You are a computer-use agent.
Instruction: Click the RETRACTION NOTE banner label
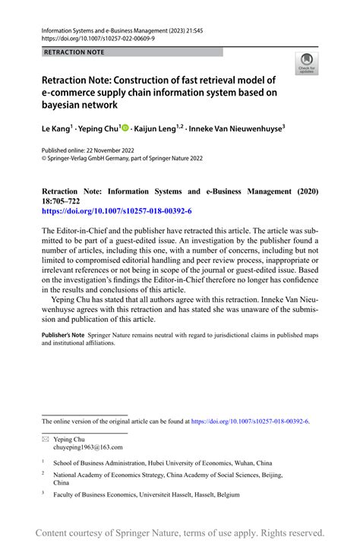click(74, 52)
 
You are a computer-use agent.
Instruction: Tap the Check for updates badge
click(308, 64)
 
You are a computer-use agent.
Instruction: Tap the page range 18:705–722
click(65, 200)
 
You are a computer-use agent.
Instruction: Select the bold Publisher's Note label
click(62, 335)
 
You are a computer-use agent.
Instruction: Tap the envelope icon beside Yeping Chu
click(45, 439)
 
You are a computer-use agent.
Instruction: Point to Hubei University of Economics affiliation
click(163, 462)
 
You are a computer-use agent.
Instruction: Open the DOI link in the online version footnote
click(250, 421)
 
